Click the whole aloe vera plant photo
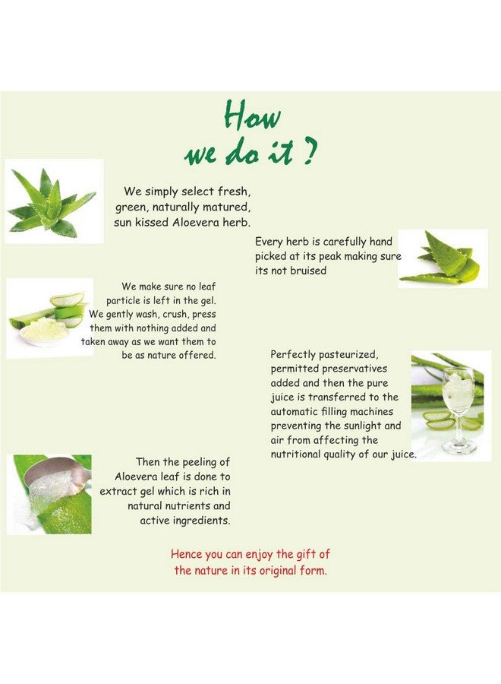pyautogui.click(x=53, y=201)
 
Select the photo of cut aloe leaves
pyautogui.click(x=442, y=258)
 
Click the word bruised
pyautogui.click(x=307, y=271)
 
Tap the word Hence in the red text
pyautogui.click(x=187, y=555)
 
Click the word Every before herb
pyautogui.click(x=269, y=242)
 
